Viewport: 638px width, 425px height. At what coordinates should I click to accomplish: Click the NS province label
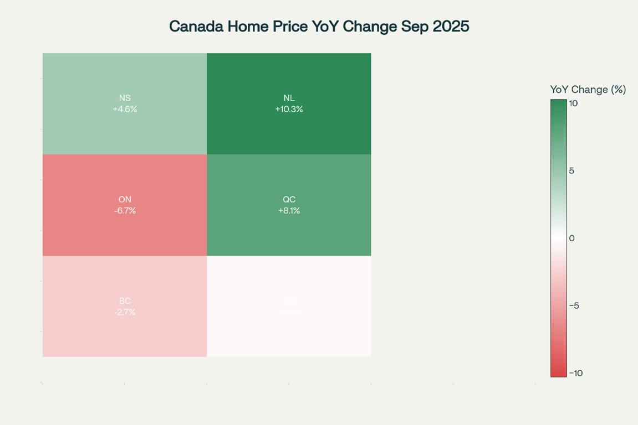click(125, 98)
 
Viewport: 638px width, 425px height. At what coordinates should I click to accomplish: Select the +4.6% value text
click(125, 109)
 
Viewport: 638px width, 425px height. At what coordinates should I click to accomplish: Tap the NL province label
click(289, 98)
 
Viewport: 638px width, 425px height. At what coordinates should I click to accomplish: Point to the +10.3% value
click(289, 109)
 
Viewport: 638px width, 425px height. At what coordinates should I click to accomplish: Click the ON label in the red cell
click(125, 199)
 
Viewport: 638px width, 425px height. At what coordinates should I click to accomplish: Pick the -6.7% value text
click(125, 210)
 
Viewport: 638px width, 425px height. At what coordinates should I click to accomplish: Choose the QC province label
click(289, 199)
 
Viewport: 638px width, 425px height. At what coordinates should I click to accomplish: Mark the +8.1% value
click(289, 210)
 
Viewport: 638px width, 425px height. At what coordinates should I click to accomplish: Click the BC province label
click(125, 301)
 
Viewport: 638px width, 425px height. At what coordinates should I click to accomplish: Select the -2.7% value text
click(125, 312)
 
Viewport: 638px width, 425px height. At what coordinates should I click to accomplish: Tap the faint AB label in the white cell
click(289, 301)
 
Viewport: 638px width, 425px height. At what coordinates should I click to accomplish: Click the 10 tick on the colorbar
click(574, 103)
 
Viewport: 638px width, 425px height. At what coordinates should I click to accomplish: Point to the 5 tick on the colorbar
click(571, 171)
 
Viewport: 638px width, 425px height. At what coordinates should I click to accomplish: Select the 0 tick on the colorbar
click(571, 239)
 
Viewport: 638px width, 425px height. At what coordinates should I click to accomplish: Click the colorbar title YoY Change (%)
click(588, 90)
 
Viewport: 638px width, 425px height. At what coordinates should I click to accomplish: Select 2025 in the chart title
click(451, 27)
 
